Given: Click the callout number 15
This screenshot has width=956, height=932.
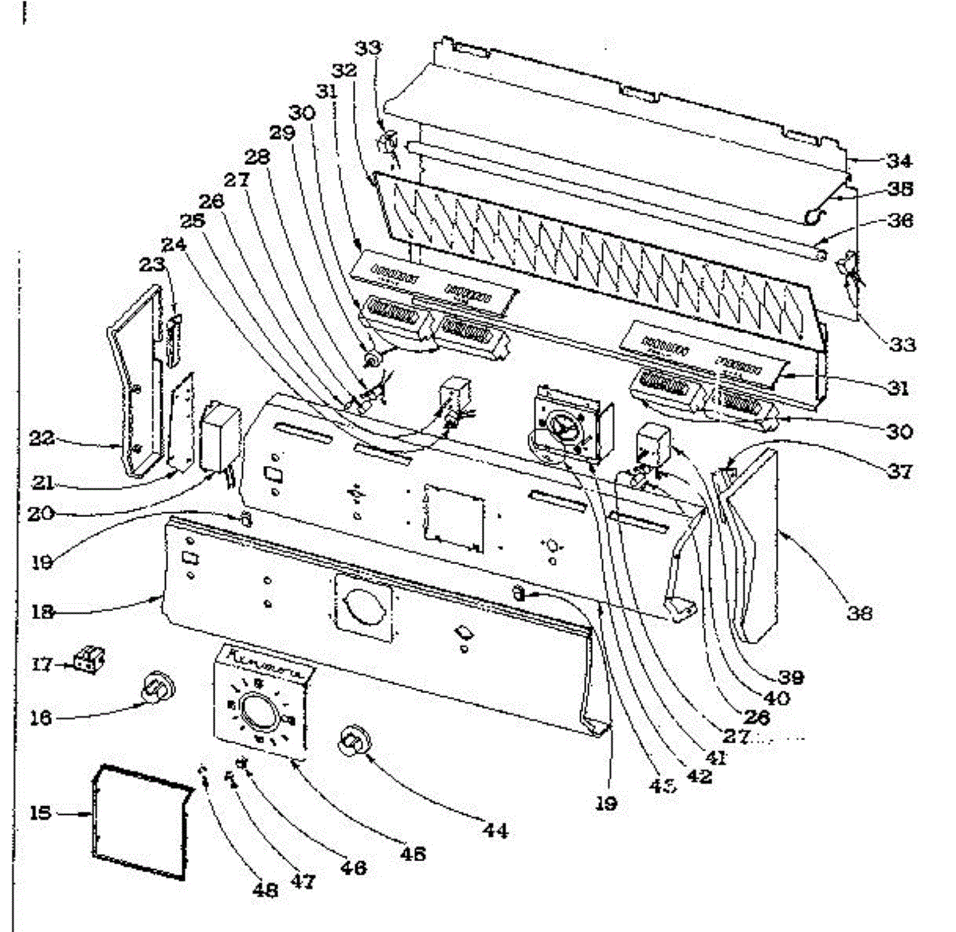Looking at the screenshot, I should coord(41,813).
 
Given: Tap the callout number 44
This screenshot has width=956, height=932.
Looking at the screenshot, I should coord(495,831).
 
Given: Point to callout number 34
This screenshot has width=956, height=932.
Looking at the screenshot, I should coord(900,162).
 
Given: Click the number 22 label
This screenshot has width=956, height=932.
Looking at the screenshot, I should coord(41,437).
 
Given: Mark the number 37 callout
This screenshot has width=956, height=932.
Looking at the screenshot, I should coord(900,472).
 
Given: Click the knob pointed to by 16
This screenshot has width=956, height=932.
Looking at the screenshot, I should coord(157,687).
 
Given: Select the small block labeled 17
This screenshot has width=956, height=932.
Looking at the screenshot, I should coord(89,660).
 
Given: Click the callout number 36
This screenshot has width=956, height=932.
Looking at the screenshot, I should coord(900,220).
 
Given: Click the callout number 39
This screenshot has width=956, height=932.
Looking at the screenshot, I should coord(791,677).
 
